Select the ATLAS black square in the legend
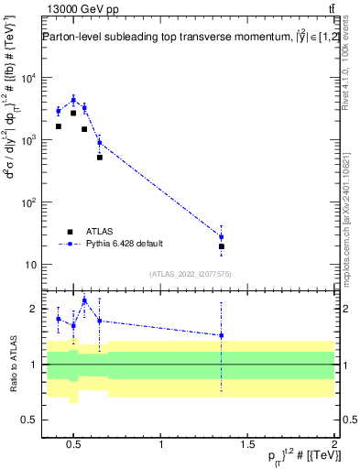point(70,232)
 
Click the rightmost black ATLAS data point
point(221,246)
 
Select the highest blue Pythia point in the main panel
point(73,100)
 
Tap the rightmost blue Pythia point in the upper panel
point(221,236)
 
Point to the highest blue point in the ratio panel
point(84,300)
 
